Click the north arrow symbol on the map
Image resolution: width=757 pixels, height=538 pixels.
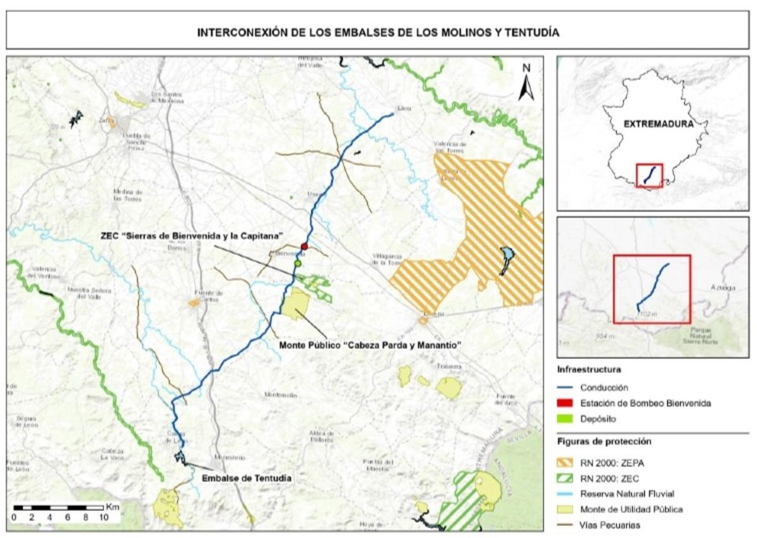[526, 84]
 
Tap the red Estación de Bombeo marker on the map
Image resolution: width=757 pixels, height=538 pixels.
[304, 246]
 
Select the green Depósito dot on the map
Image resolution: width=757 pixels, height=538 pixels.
[298, 262]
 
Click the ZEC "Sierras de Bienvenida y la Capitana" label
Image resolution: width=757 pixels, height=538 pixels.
[191, 235]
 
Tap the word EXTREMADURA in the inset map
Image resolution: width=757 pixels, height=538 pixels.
[658, 124]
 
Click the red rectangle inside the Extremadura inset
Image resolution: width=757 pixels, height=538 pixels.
[649, 175]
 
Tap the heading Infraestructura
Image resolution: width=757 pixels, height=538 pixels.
[588, 369]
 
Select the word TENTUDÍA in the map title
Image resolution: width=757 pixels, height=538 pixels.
[528, 32]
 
